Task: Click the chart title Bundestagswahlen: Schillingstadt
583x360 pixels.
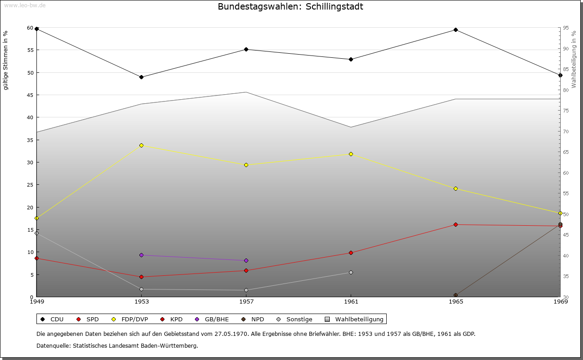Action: [x=290, y=7]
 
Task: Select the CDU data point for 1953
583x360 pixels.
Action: [x=142, y=77]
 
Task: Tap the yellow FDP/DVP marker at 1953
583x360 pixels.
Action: [x=142, y=145]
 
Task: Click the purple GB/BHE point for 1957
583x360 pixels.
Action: [x=246, y=260]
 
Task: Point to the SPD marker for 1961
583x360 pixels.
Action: [x=351, y=253]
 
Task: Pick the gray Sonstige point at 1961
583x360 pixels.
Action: [x=351, y=272]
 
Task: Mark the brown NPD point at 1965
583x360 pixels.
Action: [x=455, y=295]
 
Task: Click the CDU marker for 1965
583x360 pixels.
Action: [x=455, y=30]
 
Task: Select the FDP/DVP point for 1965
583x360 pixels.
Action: [x=455, y=188]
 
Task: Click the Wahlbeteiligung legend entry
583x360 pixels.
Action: [x=355, y=319]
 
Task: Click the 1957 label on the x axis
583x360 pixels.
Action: [x=246, y=302]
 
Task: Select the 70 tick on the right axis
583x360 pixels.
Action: [x=566, y=132]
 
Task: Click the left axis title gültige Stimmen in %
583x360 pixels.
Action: [x=6, y=60]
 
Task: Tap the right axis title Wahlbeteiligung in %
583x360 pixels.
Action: [x=574, y=60]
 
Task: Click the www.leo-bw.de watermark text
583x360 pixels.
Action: [x=25, y=5]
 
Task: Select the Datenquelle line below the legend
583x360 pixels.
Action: [x=117, y=345]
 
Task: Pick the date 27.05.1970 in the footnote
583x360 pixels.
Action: [x=231, y=334]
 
